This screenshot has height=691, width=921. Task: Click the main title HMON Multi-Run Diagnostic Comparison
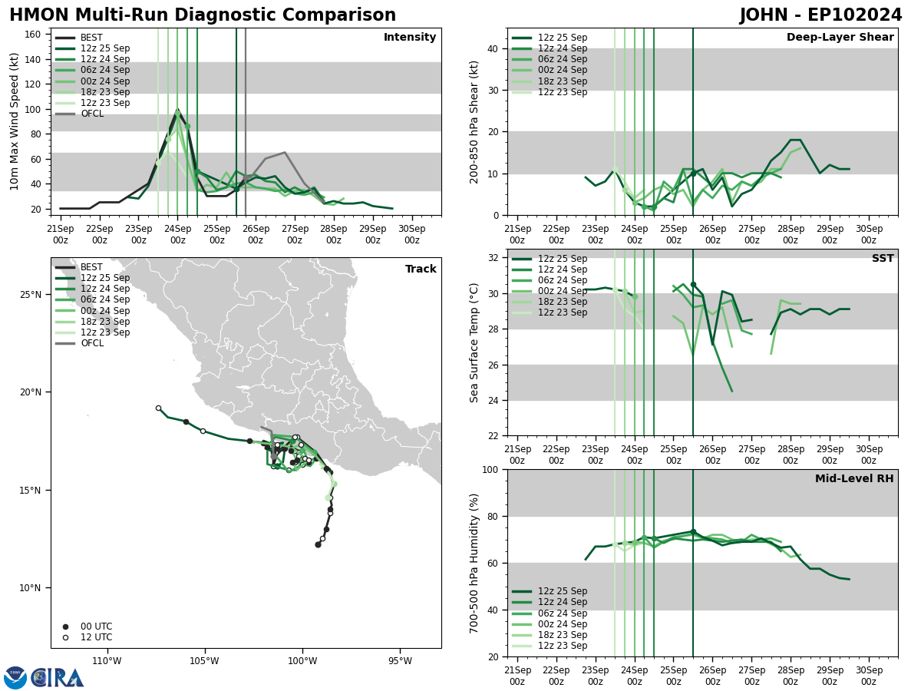click(x=203, y=15)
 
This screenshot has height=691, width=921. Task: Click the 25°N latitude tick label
click(x=30, y=295)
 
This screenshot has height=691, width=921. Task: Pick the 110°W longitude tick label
click(x=107, y=662)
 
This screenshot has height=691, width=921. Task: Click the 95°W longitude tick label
click(x=400, y=662)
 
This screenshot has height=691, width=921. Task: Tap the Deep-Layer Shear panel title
click(x=840, y=38)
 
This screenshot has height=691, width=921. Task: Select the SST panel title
click(x=882, y=259)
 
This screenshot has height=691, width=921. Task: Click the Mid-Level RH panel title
click(x=854, y=479)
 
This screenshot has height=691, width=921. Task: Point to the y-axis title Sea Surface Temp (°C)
click(x=474, y=342)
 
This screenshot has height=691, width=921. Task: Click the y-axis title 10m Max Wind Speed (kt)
click(x=15, y=121)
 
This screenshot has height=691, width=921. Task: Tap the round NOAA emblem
click(x=15, y=677)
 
